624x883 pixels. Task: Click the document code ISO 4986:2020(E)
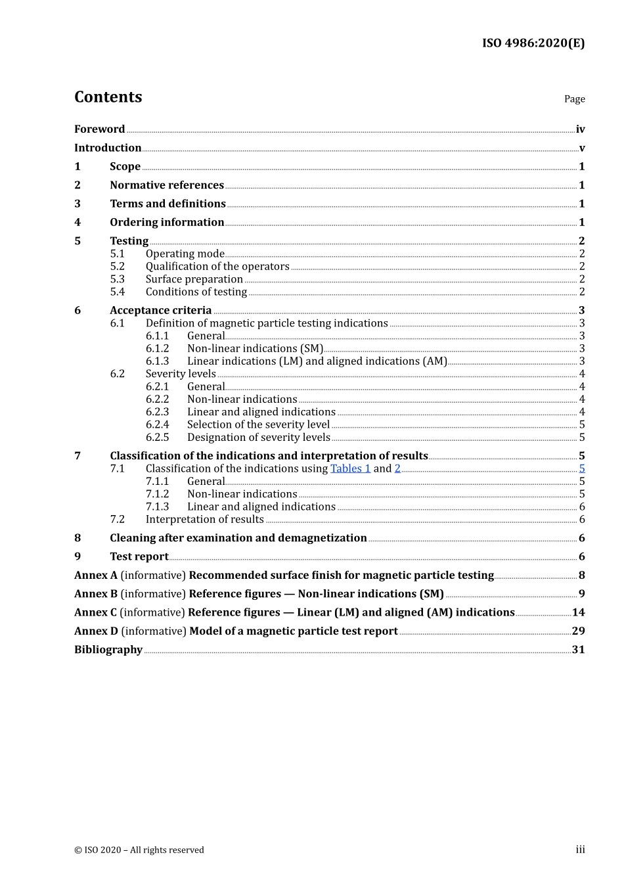coord(533,43)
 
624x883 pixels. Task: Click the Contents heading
coord(108,97)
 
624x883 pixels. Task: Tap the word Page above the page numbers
coord(574,99)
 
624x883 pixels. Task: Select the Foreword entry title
coord(99,129)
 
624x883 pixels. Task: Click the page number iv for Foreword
coord(580,129)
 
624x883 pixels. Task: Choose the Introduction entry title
coord(108,148)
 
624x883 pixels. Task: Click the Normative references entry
coord(167,185)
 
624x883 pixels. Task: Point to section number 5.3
coord(117,279)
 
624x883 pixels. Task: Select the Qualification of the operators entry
coord(217,267)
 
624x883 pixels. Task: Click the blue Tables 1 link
coord(350,468)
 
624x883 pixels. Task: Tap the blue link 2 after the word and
coord(397,468)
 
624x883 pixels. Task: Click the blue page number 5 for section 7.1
coord(582,468)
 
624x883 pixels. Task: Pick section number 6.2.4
coord(157,425)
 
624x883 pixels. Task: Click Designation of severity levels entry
coord(259,438)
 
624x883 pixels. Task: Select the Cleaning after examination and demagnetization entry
coord(238,538)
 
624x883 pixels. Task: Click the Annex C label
coord(95,612)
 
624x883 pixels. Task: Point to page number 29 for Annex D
coord(578,631)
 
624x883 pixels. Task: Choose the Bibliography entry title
coord(108,650)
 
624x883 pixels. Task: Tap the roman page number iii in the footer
coord(580,850)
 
